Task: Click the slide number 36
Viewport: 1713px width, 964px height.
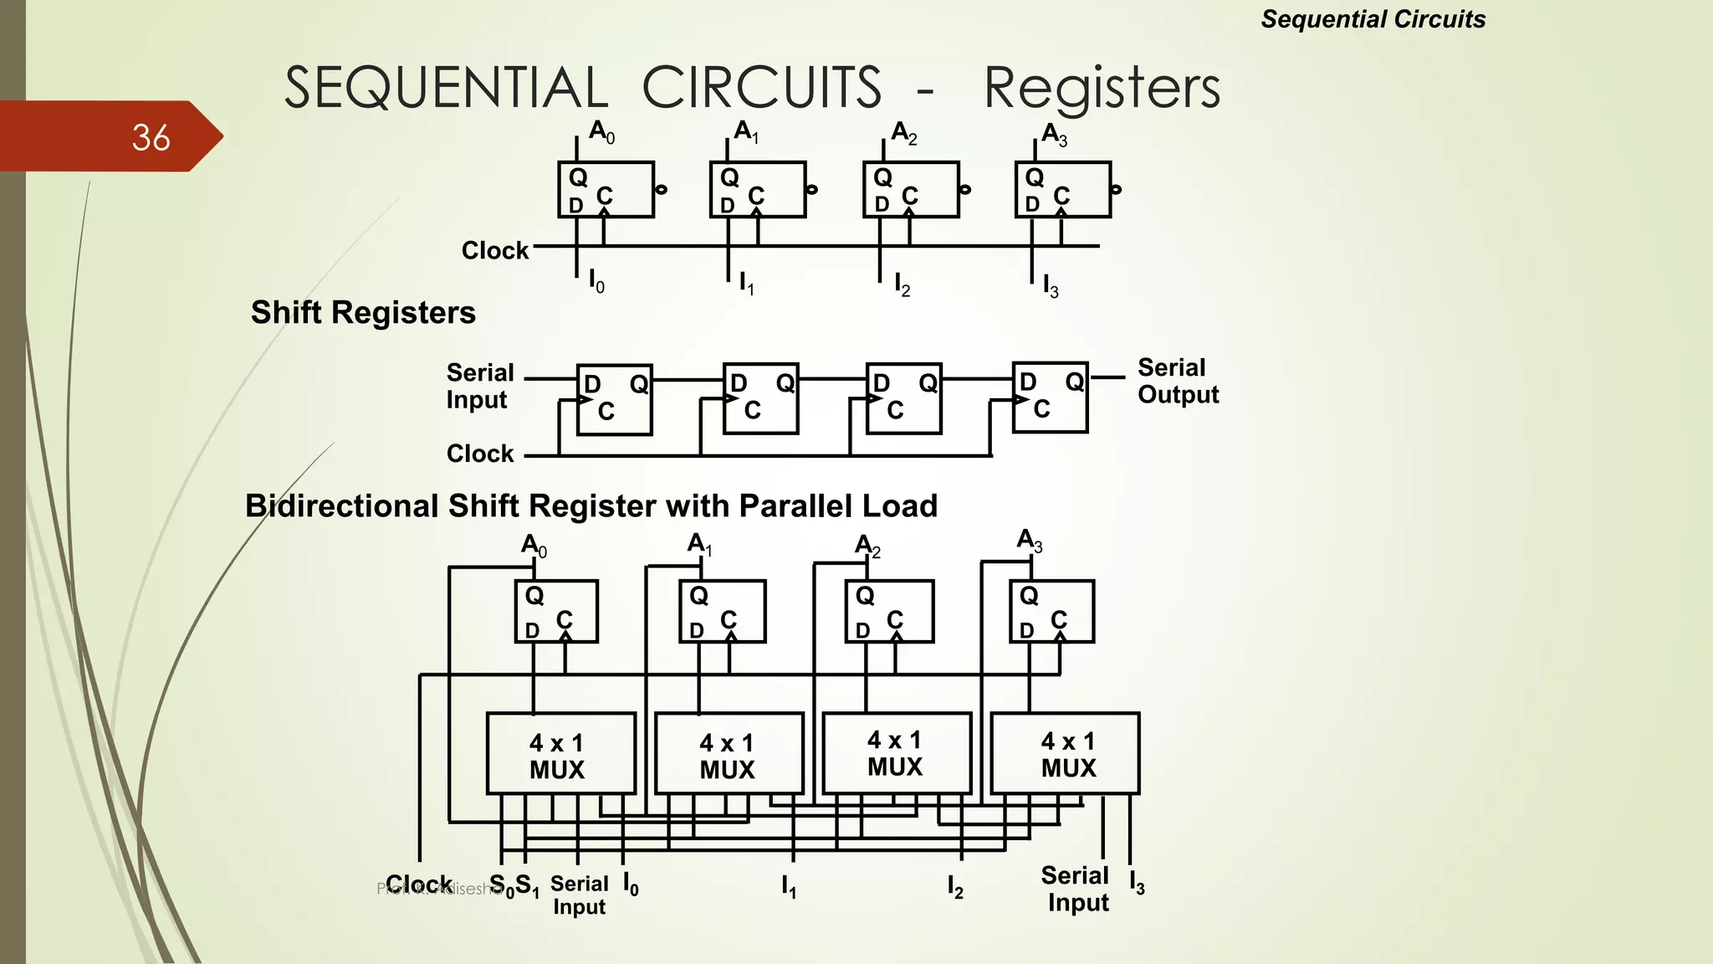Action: [151, 137]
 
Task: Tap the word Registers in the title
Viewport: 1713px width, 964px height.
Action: [1102, 88]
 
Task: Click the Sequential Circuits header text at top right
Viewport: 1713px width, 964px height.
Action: [1373, 19]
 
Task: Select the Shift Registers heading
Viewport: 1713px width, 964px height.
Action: [363, 312]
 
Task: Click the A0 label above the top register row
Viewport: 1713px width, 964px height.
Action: [601, 131]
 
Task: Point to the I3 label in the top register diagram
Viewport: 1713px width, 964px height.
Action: [1051, 285]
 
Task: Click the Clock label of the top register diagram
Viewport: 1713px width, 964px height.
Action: [494, 250]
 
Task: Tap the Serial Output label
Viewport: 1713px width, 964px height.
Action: [1178, 381]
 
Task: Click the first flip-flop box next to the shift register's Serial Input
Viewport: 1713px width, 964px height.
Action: [614, 399]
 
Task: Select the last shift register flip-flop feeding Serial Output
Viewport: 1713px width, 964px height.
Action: [1050, 397]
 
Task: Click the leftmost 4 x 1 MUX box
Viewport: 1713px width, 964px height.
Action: [560, 754]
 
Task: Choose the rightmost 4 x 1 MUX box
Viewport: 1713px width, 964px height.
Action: [1065, 754]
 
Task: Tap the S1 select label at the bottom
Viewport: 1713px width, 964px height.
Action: [527, 885]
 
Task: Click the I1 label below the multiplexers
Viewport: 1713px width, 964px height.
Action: [789, 885]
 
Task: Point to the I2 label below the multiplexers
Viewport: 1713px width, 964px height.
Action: [955, 885]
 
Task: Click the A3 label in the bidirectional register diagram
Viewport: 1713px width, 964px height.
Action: [1029, 541]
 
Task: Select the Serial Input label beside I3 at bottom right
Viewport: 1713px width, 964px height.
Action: [1076, 889]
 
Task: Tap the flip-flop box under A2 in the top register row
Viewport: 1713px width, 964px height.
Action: [910, 190]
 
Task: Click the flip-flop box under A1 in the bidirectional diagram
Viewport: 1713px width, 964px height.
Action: [722, 612]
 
